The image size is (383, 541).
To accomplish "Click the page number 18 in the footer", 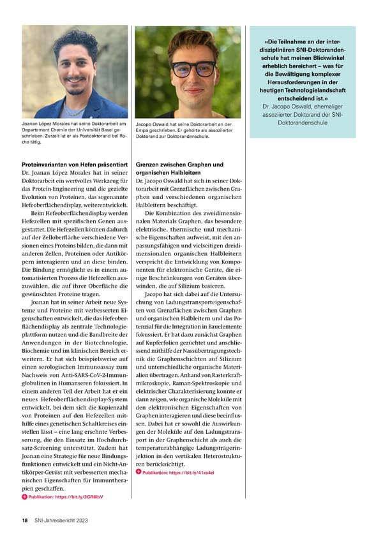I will click(24, 521).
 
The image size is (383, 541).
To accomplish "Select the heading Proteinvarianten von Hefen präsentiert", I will click(75, 165).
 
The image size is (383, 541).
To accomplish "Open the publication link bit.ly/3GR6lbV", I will click(66, 496).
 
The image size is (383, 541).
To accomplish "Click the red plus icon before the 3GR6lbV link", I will click(24, 496).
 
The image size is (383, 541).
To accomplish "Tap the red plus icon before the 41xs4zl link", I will click(139, 473).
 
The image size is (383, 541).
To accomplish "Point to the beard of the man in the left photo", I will click(75, 83).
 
